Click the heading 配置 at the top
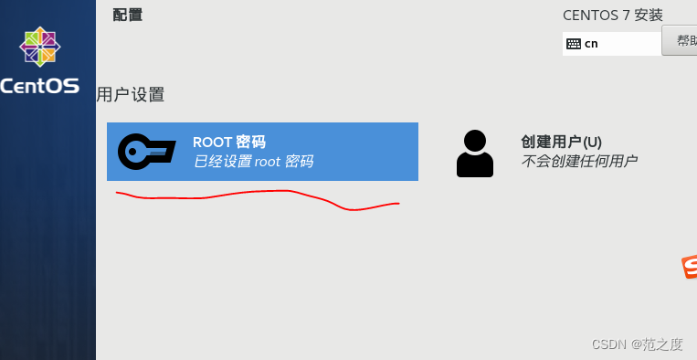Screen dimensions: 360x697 (x=128, y=15)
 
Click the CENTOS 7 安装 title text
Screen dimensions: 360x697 (x=612, y=15)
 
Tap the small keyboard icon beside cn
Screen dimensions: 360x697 (x=574, y=43)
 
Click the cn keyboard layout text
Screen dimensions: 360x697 (x=591, y=43)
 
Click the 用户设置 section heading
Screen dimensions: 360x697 (x=131, y=95)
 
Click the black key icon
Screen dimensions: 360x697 (x=146, y=151)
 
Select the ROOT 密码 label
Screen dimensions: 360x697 (x=228, y=142)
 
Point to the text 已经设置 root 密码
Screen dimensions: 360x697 (x=253, y=162)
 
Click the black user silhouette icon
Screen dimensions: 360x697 (x=474, y=153)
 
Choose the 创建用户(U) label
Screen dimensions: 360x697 (x=561, y=142)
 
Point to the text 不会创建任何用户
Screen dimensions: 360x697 (x=579, y=162)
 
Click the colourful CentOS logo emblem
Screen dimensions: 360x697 (x=41, y=48)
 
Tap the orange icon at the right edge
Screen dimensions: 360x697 (x=690, y=267)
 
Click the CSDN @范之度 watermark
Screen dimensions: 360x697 (x=637, y=344)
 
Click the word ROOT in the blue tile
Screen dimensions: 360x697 (x=211, y=142)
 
